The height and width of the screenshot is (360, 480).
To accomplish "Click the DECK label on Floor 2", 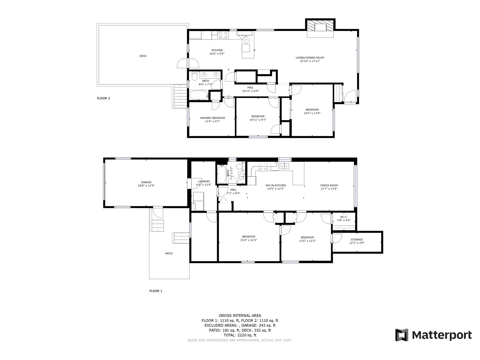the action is tap(143, 56).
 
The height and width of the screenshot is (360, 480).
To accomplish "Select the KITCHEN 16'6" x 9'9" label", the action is tap(217, 52).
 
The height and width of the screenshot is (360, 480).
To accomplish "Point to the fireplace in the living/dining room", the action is tap(320, 27).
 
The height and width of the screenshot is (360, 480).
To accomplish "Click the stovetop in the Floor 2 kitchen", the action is tap(223, 35).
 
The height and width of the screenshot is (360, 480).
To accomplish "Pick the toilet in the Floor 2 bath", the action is tap(194, 76).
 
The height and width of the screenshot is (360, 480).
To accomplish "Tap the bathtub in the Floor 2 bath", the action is tap(199, 95).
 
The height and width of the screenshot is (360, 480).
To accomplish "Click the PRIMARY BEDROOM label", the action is tap(212, 120).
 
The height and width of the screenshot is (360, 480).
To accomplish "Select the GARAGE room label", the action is tap(146, 184).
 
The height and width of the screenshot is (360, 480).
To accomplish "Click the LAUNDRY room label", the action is tap(204, 183).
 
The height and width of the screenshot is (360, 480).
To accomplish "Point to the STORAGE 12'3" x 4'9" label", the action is tap(357, 241).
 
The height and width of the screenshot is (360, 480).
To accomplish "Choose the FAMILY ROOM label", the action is tap(329, 187).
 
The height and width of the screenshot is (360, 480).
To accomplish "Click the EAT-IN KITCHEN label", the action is tap(275, 187).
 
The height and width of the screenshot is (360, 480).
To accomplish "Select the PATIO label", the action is tap(169, 253).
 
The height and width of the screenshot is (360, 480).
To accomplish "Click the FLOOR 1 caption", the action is tap(156, 291).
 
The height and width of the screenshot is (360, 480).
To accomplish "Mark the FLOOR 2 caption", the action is tap(103, 98).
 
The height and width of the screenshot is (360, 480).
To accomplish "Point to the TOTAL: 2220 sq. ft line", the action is tap(240, 335).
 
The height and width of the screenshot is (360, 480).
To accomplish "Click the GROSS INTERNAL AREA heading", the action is tap(240, 315).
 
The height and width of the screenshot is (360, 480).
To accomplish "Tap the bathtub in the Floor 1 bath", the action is tap(221, 174).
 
